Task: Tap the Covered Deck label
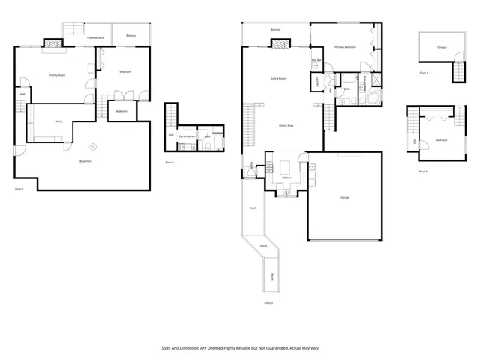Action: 94,36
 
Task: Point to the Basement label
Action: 88,161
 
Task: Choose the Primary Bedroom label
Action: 344,47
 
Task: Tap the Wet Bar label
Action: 316,60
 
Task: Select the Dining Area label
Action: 286,125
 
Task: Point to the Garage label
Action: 345,197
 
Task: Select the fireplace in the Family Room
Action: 52,44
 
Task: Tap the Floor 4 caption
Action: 423,172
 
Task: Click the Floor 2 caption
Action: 169,162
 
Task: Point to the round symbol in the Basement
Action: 93,146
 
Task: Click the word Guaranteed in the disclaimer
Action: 268,347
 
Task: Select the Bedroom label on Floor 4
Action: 442,140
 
